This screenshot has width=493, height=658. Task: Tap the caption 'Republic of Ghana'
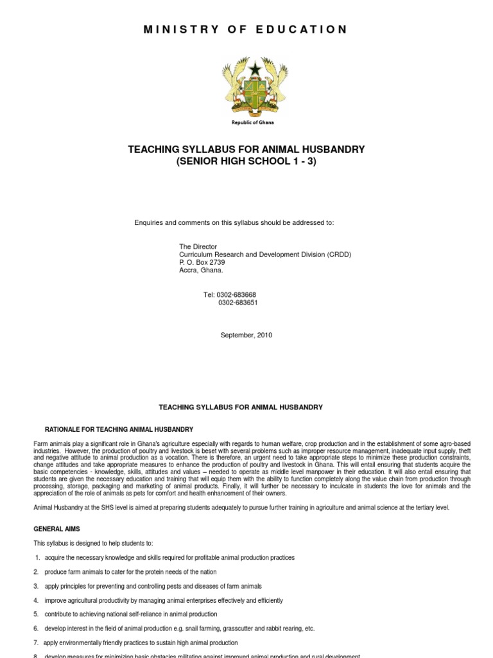click(x=247, y=122)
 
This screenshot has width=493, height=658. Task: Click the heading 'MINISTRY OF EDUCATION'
click(x=247, y=30)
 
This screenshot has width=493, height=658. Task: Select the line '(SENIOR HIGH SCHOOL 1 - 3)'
click(x=246, y=161)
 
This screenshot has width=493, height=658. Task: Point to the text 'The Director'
click(x=198, y=247)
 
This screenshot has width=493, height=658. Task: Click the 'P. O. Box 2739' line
click(x=202, y=262)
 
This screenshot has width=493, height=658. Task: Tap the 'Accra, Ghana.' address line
click(x=200, y=271)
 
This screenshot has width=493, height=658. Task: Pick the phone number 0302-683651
click(x=238, y=303)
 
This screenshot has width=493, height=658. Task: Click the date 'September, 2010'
click(x=246, y=335)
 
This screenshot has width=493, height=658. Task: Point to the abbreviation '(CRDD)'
click(x=340, y=254)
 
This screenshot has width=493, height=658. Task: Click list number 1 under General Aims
click(x=37, y=558)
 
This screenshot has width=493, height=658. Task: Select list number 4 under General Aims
click(x=37, y=600)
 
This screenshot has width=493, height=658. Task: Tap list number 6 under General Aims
click(x=37, y=628)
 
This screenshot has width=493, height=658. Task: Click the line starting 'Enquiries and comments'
click(x=234, y=222)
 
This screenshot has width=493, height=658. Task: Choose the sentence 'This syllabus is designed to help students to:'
click(x=94, y=544)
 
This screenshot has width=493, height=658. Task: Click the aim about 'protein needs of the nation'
click(x=130, y=572)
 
